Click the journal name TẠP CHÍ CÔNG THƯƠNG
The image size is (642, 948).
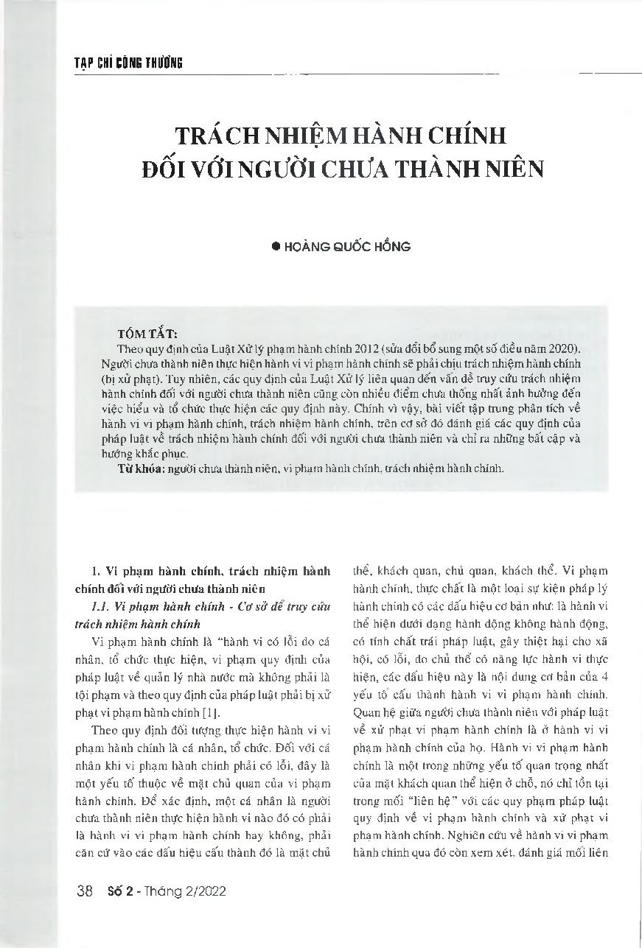click(129, 64)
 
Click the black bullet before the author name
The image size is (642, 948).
click(277, 247)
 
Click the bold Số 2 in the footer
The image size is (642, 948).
click(118, 891)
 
